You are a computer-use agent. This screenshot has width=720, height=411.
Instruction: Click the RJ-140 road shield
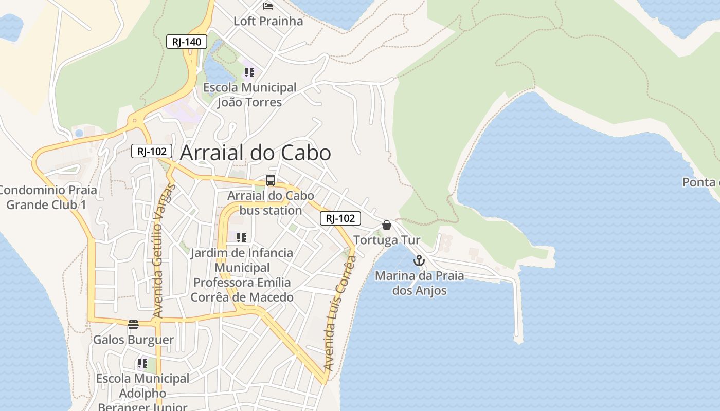click(x=186, y=42)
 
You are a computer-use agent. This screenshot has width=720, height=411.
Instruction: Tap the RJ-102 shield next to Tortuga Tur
click(x=340, y=218)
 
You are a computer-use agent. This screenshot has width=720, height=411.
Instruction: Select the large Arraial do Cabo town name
click(x=255, y=153)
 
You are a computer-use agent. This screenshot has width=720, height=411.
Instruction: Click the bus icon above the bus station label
click(x=270, y=180)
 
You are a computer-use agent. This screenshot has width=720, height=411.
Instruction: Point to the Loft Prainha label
click(x=268, y=21)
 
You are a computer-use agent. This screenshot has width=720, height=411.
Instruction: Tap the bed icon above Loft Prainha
click(x=268, y=6)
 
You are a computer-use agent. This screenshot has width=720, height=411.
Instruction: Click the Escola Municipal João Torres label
click(x=250, y=95)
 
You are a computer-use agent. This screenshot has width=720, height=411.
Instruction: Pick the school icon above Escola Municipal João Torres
click(x=249, y=72)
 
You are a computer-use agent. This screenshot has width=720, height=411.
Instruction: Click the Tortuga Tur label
click(x=387, y=240)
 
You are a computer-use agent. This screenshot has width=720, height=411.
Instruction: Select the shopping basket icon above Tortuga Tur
click(x=387, y=225)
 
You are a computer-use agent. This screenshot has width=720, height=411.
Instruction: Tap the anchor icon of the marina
click(x=419, y=260)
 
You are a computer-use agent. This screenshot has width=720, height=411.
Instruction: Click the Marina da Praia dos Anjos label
click(x=419, y=283)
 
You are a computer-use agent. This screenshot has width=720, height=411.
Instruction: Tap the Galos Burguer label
click(x=133, y=340)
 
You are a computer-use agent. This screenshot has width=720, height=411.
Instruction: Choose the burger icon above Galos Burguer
click(x=133, y=324)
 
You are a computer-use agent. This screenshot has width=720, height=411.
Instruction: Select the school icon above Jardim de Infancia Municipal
click(x=242, y=237)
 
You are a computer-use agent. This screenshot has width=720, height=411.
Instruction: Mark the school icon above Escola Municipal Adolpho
click(x=142, y=363)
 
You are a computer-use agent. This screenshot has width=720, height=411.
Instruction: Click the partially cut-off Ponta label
click(x=700, y=182)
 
